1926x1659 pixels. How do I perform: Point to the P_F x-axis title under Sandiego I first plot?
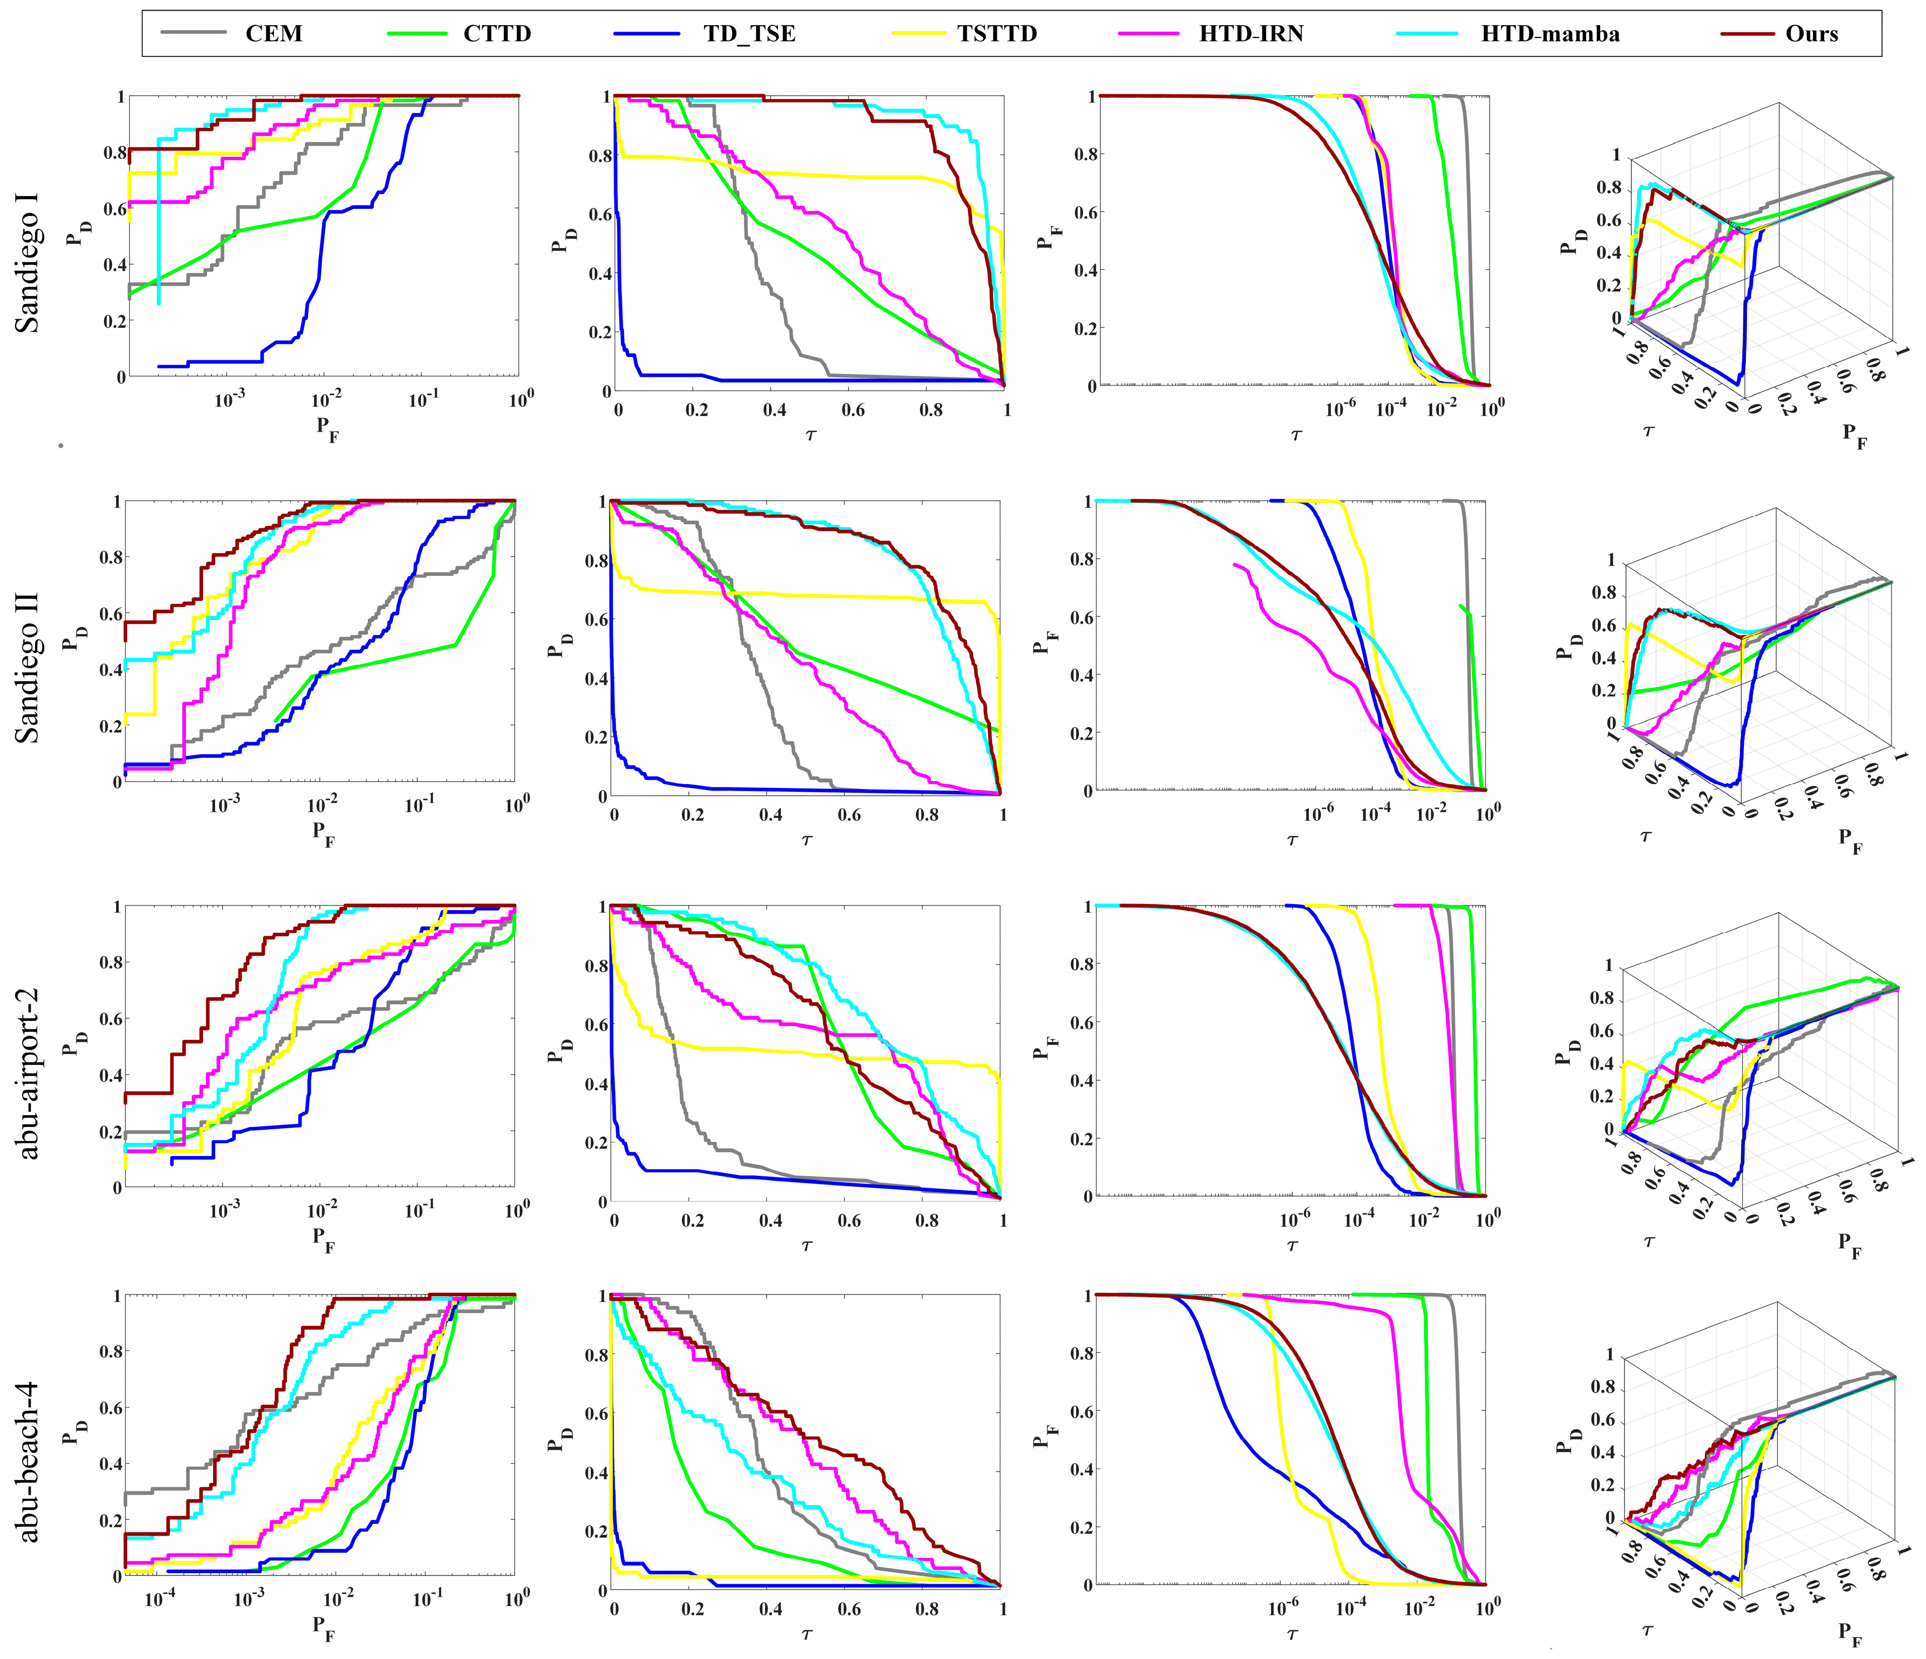point(326,428)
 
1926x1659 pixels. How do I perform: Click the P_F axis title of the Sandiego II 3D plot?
point(1850,839)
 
